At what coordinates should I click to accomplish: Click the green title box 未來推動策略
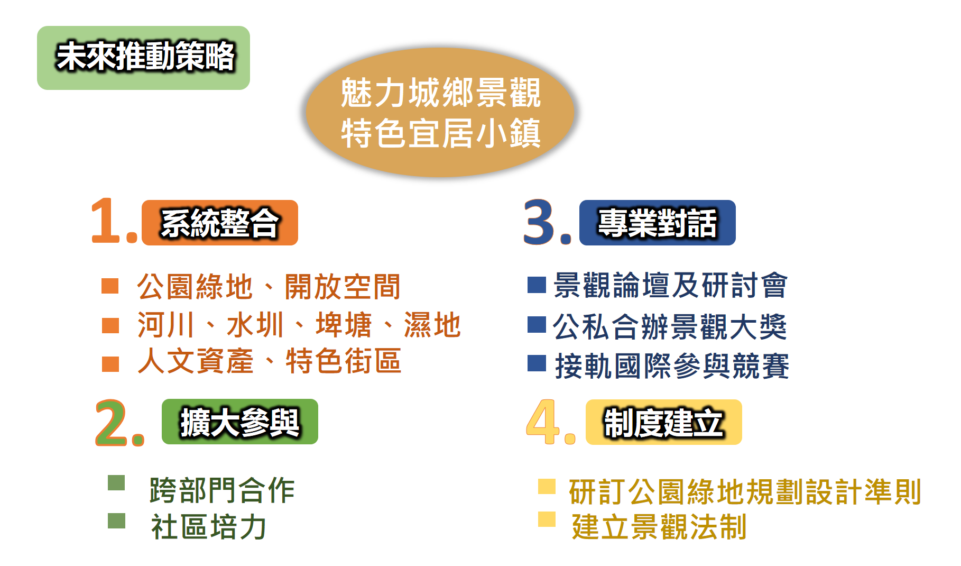click(x=143, y=58)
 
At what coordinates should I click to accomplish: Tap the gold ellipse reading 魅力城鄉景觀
click(x=440, y=112)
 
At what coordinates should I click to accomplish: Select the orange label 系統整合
click(x=220, y=223)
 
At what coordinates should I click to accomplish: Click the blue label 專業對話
click(x=658, y=223)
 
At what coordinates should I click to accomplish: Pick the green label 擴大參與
click(x=240, y=422)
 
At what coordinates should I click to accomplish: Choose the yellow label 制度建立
click(x=664, y=422)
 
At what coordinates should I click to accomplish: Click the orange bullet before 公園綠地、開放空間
click(x=110, y=286)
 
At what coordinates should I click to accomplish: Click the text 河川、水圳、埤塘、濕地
click(x=299, y=325)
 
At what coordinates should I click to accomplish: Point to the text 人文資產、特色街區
click(x=269, y=361)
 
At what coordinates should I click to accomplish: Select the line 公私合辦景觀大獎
click(x=670, y=326)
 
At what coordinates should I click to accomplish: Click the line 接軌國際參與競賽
click(x=672, y=366)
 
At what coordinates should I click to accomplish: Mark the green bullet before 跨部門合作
click(x=116, y=483)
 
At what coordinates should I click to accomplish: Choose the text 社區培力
click(x=208, y=527)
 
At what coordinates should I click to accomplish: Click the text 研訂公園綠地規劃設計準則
click(x=745, y=492)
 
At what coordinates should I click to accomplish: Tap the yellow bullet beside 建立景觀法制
click(x=547, y=519)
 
